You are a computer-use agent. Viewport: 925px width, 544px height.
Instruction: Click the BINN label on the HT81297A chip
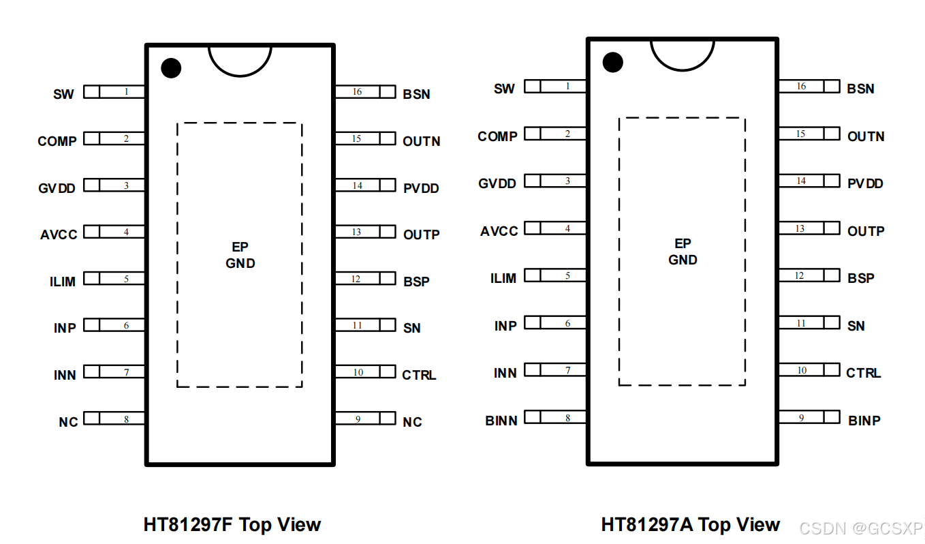coord(501,421)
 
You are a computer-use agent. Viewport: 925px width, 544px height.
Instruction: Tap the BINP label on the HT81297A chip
coord(864,421)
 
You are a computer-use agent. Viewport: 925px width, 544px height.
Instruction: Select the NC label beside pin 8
coord(68,422)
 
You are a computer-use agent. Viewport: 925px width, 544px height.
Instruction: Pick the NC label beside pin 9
coord(412,422)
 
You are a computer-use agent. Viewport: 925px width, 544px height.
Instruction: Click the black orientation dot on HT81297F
coord(171,67)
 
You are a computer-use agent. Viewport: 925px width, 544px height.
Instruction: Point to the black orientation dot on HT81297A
coord(613,62)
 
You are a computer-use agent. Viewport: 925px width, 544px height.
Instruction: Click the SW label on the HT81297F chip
coord(63,94)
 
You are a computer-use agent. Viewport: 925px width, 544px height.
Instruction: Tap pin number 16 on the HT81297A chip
coord(801,87)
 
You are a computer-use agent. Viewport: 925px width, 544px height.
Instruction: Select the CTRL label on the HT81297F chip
coord(419,375)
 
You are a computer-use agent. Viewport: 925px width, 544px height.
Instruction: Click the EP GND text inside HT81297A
coord(683,252)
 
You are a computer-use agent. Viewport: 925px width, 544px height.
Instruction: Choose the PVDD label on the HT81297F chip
coord(421,188)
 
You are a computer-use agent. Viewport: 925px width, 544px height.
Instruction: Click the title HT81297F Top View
coord(232,524)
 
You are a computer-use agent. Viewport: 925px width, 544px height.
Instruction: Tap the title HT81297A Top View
coord(690,524)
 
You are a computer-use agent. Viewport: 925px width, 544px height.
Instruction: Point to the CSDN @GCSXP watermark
coord(860,528)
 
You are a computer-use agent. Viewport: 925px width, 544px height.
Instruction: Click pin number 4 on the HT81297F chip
coord(126,232)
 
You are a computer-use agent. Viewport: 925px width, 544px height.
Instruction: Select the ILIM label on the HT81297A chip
coord(503,278)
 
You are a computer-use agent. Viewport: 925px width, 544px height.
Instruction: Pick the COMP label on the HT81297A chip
coord(497,136)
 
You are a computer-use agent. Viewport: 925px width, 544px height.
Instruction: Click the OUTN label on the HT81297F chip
coord(422,141)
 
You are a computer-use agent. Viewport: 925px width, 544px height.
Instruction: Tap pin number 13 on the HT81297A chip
coord(800,229)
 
